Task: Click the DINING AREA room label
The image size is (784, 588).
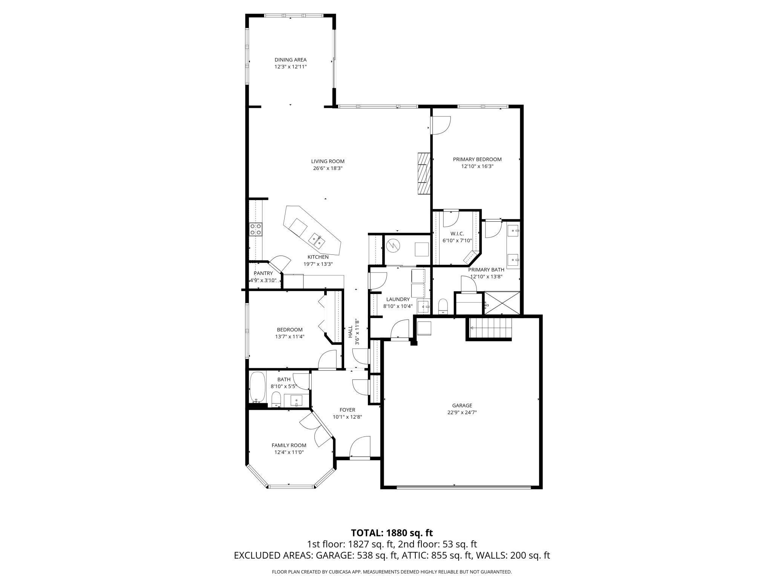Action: coord(290,60)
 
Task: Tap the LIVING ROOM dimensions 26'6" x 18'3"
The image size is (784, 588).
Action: coord(328,168)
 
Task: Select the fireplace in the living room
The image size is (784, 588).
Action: coord(424,173)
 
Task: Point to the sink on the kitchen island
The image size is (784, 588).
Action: coord(316,240)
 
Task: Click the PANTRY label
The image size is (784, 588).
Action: coord(263,273)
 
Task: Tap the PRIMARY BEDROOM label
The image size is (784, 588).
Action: coord(477,159)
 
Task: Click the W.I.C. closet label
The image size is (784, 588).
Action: coord(456,234)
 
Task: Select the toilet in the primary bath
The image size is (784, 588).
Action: coord(443,306)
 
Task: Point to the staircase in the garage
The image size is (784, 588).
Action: coord(489,328)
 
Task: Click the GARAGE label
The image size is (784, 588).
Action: coord(462,406)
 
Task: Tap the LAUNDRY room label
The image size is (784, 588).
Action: coord(398,299)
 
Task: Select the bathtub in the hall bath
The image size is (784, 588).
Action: coord(258,387)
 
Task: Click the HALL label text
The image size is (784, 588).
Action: coord(350,332)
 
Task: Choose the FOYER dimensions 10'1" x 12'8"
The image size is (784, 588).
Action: coord(347,417)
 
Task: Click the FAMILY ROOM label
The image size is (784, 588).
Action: coord(289,445)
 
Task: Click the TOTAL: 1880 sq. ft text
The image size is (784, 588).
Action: coord(392,533)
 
